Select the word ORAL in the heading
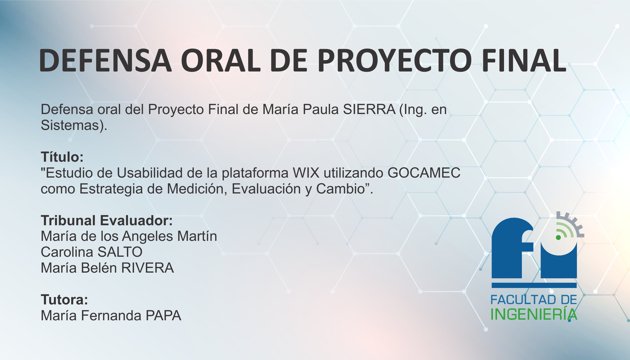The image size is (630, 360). click(220, 60)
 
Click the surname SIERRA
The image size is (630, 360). click(369, 110)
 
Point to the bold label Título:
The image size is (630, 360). click(62, 157)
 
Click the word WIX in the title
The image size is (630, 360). click(306, 173)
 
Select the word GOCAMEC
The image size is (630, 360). click(424, 173)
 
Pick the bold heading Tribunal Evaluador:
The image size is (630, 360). click(107, 220)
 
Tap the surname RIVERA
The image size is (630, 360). click(148, 268)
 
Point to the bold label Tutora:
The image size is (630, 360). click(64, 300)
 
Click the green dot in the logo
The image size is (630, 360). click(558, 237)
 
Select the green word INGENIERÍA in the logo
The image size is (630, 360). click(534, 314)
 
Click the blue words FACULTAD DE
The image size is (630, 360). click(534, 300)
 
